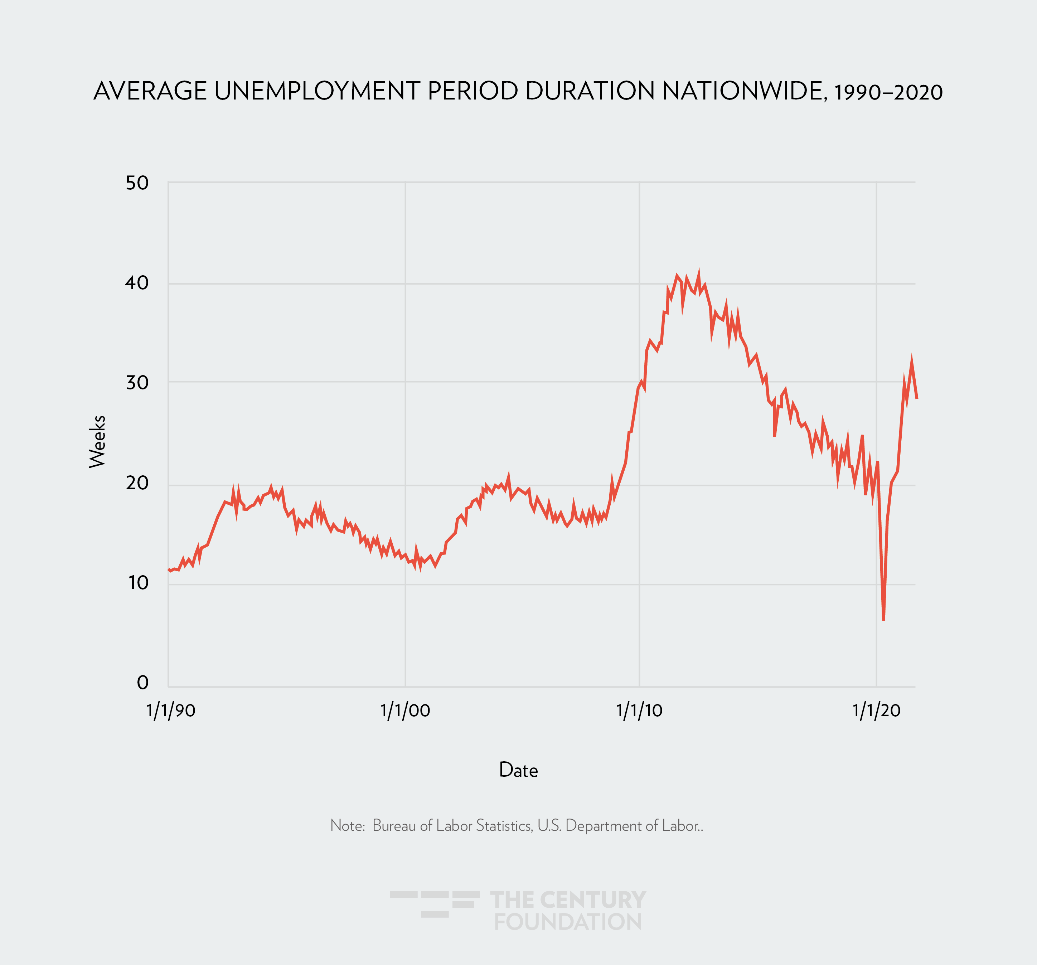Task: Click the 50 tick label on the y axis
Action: coord(137,183)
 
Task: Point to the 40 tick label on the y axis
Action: coord(137,283)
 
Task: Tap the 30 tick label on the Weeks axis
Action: coord(137,383)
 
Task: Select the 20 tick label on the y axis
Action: coord(137,483)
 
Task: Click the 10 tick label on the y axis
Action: coord(138,583)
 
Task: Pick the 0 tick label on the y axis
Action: coord(142,682)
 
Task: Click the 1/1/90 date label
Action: coord(171,711)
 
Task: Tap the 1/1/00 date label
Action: coord(405,711)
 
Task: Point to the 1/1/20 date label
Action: coord(876,711)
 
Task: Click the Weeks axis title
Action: coord(98,441)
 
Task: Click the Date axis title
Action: coord(518,770)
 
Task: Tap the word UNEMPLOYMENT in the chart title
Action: coord(317,91)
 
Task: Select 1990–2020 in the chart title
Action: coord(888,93)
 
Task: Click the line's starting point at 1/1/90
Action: coord(169,570)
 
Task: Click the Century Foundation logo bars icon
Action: coord(435,904)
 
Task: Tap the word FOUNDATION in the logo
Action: coord(568,922)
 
